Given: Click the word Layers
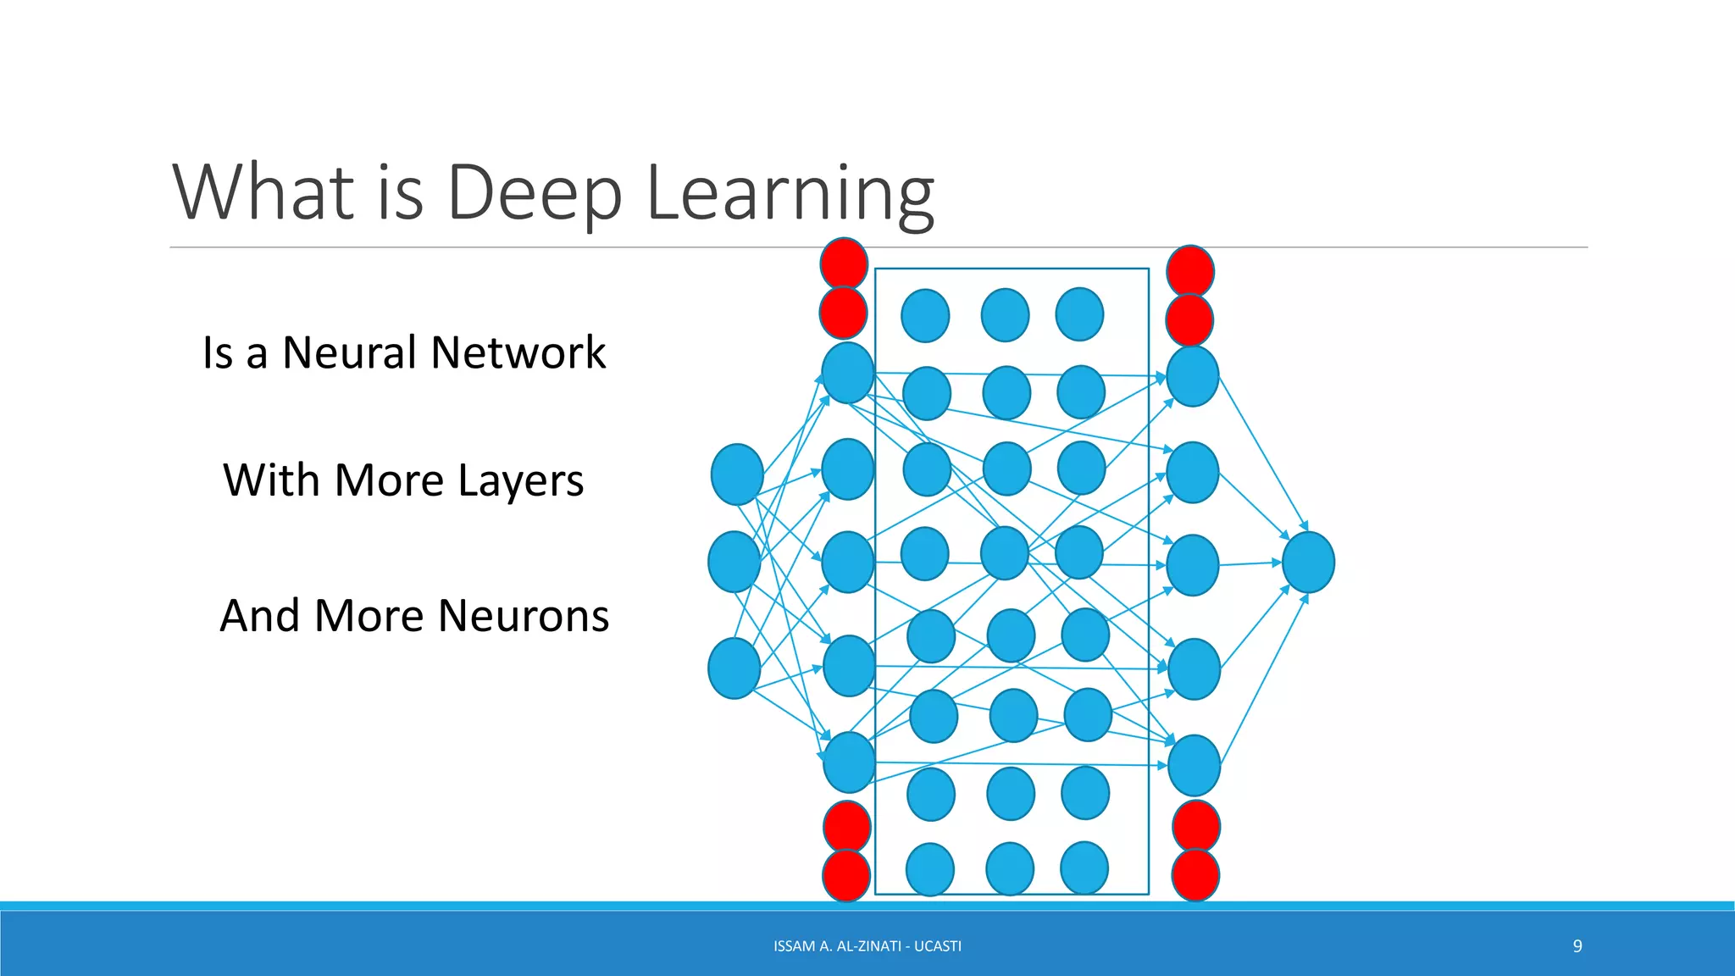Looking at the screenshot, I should tap(520, 481).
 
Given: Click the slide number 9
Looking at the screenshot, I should tap(1577, 945).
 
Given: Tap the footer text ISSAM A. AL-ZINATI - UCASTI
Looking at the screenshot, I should tap(867, 945).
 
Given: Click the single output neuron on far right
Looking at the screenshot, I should tap(1308, 563).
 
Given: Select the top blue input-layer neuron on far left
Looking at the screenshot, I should tap(737, 474).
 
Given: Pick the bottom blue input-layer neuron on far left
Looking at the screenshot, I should tap(734, 668).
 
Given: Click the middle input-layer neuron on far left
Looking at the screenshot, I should tap(734, 562).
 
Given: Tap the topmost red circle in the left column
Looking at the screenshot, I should tap(844, 263).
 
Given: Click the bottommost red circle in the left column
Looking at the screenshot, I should tap(846, 875).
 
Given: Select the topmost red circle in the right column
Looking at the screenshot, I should tap(1190, 271).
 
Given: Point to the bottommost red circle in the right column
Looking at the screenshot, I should tap(1195, 875).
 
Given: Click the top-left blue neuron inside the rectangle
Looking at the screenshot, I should tap(924, 316).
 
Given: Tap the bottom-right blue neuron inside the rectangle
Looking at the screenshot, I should tap(1084, 868).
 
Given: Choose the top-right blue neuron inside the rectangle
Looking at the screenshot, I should tap(1079, 314).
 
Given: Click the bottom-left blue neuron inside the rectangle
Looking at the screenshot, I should tap(930, 869).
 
